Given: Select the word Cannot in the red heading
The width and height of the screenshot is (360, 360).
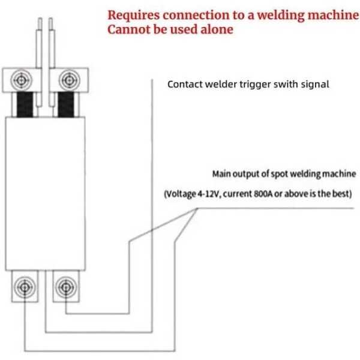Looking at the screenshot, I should (127, 29).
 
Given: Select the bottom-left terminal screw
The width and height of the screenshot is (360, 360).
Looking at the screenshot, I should (24, 287).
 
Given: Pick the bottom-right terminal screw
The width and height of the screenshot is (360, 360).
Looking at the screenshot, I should (65, 287).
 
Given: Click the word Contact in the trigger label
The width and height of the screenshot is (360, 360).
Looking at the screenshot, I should (184, 84).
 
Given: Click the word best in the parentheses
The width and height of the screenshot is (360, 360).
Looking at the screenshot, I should (341, 194).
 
